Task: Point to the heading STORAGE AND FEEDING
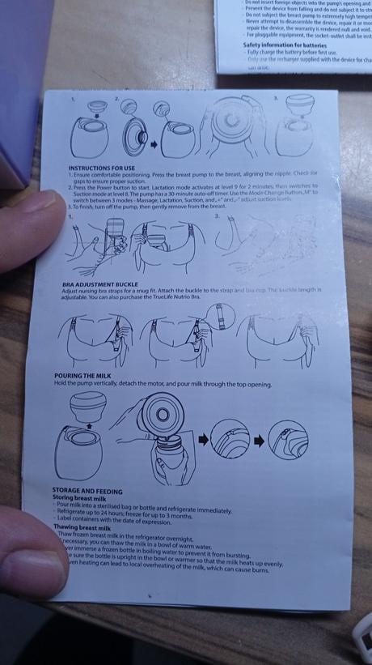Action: pos(87,491)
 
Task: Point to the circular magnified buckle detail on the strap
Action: pos(218,313)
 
